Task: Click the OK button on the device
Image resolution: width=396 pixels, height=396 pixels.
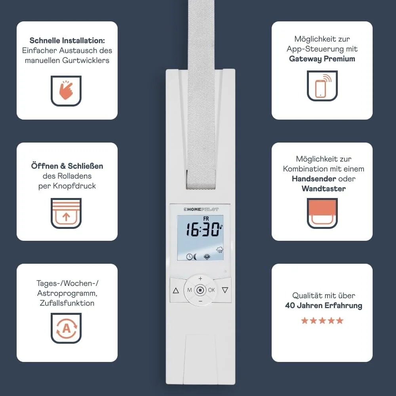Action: tap(211, 290)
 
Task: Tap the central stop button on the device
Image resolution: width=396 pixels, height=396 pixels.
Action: tap(200, 290)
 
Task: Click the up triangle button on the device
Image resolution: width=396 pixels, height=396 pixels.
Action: tap(176, 290)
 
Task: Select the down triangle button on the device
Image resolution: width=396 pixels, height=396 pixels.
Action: tap(225, 290)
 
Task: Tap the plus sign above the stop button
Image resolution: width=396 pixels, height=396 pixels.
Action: tap(200, 278)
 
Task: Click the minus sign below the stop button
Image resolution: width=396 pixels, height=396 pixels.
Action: tap(200, 301)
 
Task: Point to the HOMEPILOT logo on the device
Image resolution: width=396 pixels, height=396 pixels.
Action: tap(201, 209)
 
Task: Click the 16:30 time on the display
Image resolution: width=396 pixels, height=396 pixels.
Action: tap(203, 230)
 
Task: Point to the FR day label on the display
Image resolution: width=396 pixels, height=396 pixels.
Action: tap(206, 219)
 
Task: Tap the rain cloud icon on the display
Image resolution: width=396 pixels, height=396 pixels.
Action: tap(220, 250)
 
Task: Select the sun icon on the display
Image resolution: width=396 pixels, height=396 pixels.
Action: tap(207, 257)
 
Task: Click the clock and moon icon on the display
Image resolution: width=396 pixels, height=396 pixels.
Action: tap(191, 257)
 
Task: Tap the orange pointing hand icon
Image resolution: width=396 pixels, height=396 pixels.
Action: tap(66, 90)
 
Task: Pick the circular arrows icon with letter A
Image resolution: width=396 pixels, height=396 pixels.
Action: tap(66, 328)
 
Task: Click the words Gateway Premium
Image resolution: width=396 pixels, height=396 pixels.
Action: tap(322, 59)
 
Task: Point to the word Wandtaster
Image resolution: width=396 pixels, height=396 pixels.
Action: tap(324, 188)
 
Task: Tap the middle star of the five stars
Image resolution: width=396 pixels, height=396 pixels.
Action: tap(322, 320)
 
